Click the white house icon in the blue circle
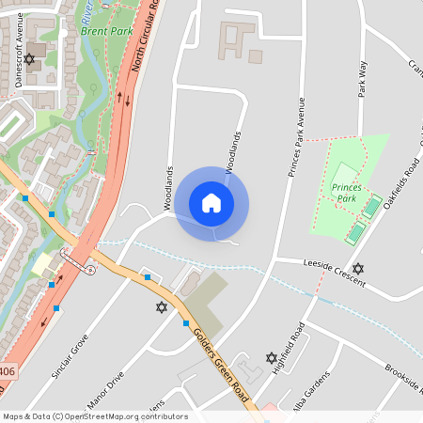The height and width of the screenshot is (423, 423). tap(211, 203)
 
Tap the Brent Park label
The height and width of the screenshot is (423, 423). tap(105, 30)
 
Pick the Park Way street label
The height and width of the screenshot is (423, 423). tap(361, 80)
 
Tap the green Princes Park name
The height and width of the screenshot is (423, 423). tap(347, 194)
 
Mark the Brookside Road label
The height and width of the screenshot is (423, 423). tap(399, 381)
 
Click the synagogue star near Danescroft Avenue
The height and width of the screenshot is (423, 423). tap(29, 59)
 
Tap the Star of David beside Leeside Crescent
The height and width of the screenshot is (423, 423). tap(357, 268)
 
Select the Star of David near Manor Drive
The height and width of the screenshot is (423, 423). tap(161, 307)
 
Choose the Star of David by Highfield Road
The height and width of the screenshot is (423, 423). tap(273, 357)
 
